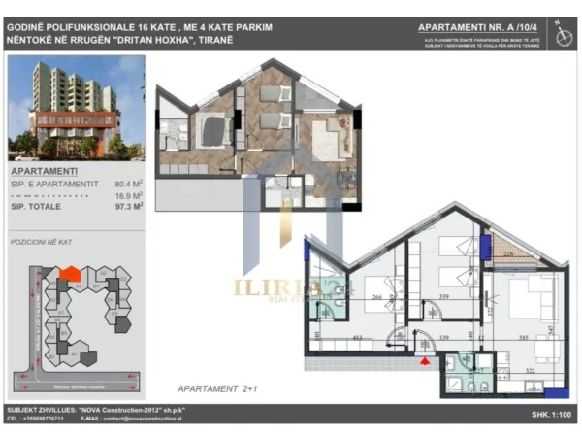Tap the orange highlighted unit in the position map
pos(67,276)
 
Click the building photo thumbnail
pos(77,108)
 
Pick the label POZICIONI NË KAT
pos(39,239)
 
